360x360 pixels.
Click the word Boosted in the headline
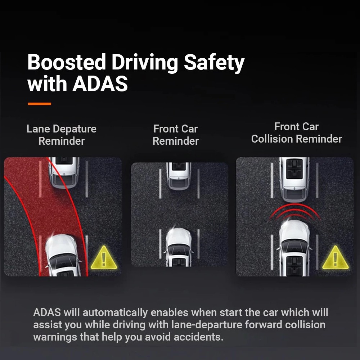[x=66, y=62]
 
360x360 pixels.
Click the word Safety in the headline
[x=214, y=63]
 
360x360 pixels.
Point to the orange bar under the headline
[x=40, y=104]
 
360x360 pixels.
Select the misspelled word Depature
[x=75, y=129]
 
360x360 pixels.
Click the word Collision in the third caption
[x=272, y=139]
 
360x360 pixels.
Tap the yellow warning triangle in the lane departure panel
[x=104, y=258]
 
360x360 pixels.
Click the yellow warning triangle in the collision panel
[x=335, y=258]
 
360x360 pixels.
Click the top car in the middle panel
[x=179, y=176]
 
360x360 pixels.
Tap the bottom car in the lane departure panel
[x=63, y=255]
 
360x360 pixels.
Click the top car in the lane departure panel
[x=64, y=172]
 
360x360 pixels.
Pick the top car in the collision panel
[x=294, y=180]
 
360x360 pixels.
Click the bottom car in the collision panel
[x=294, y=248]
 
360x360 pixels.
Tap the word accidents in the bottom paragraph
[x=198, y=337]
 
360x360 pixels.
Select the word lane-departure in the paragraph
[x=207, y=325]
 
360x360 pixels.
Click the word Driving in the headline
[x=145, y=63]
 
